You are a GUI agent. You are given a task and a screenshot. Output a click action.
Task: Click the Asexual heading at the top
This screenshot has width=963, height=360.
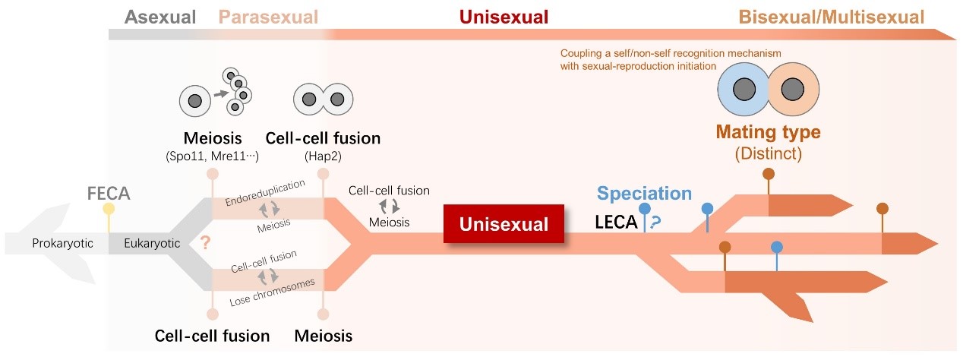pyautogui.click(x=160, y=16)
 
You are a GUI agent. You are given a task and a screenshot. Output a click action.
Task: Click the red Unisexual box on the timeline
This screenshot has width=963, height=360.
pyautogui.click(x=504, y=225)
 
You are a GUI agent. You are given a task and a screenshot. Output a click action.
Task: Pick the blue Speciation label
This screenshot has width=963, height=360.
pyautogui.click(x=644, y=193)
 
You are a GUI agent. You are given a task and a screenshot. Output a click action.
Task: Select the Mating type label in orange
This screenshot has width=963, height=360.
pyautogui.click(x=769, y=132)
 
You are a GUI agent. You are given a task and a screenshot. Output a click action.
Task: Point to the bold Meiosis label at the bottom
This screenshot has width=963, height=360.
pyautogui.click(x=323, y=335)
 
